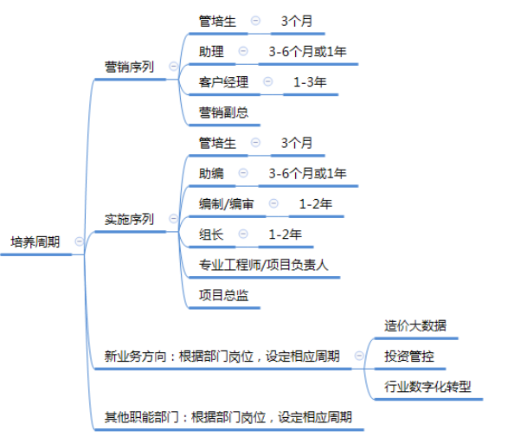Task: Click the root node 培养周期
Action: point(35,242)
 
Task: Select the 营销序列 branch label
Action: point(129,67)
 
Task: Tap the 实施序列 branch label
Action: point(129,219)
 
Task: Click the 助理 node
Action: point(211,51)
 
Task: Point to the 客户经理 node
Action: point(223,82)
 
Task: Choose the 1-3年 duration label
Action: point(310,82)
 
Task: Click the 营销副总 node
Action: point(223,112)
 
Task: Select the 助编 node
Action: point(211,173)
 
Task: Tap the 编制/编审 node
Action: point(226,204)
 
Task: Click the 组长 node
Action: point(211,235)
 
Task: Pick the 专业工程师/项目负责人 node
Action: point(264,265)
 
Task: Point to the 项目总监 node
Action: point(223,295)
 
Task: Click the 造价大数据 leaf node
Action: point(415,326)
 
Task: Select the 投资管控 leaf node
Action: point(409,357)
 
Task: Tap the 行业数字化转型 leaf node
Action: point(427,387)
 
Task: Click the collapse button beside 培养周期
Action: point(80,241)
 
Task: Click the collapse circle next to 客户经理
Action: point(268,81)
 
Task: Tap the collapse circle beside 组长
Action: point(243,234)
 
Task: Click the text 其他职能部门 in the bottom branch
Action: point(142,417)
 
